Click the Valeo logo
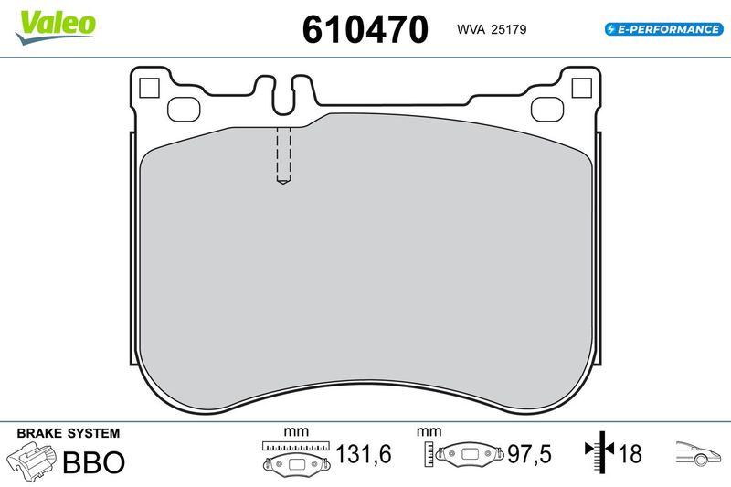56,27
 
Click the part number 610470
365,29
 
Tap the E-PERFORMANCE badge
664,29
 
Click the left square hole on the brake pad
149,88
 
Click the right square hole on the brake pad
581,88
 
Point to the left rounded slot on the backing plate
184,110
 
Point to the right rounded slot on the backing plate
547,110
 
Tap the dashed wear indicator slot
283,155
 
